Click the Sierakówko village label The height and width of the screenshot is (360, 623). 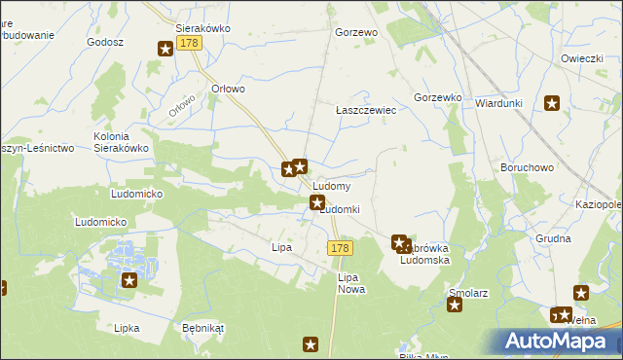tap(202, 28)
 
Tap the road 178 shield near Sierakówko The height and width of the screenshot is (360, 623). tap(189, 46)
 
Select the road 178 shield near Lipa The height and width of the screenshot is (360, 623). tap(339, 249)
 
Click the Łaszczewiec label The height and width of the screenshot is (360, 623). tap(366, 111)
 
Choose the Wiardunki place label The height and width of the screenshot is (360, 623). tap(500, 103)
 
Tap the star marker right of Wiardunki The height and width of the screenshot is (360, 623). tap(552, 104)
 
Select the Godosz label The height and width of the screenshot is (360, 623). tap(105, 43)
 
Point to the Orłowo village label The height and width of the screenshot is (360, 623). tap(228, 89)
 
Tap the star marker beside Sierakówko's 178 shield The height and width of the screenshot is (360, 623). tap(165, 48)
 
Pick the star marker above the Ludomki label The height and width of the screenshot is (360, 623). tap(316, 202)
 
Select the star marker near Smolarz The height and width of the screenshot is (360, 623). tap(455, 306)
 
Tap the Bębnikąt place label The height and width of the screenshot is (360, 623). tap(202, 328)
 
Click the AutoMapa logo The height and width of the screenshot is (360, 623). tap(562, 342)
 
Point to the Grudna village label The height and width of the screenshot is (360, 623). tap(553, 237)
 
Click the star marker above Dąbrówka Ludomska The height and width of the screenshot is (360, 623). tap(398, 241)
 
